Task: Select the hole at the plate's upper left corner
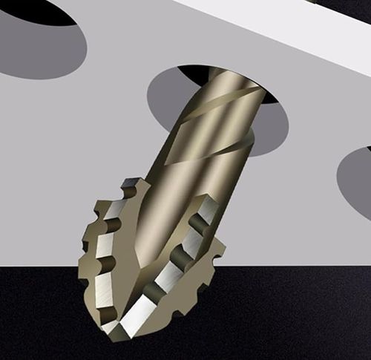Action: (x=37, y=41)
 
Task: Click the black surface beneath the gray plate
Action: (x=297, y=312)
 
